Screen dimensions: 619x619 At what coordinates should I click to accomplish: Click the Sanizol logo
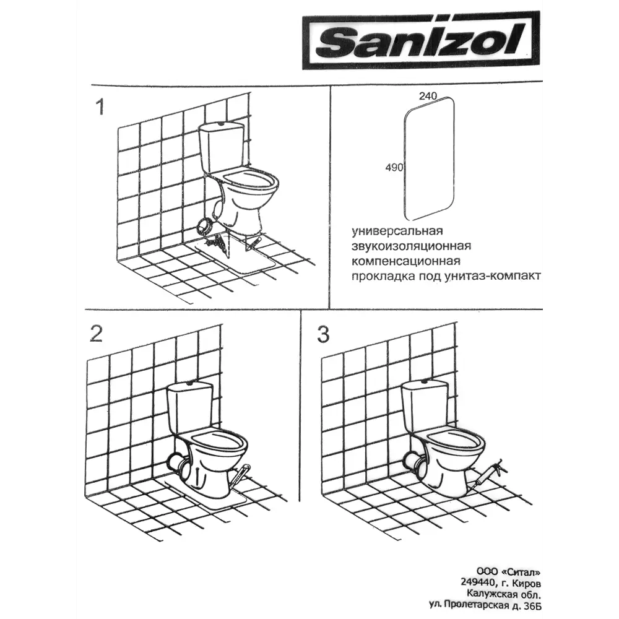[x=421, y=41]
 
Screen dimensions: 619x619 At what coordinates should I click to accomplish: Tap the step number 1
[x=101, y=107]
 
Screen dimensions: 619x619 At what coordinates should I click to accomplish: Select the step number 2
[x=97, y=334]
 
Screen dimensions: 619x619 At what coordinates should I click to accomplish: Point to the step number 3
[x=323, y=334]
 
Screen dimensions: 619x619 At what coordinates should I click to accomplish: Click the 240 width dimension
[x=428, y=96]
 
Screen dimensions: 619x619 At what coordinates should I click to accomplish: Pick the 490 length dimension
[x=394, y=168]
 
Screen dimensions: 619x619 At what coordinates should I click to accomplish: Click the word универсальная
[x=397, y=231]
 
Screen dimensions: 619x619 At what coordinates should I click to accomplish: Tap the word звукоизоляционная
[x=412, y=246]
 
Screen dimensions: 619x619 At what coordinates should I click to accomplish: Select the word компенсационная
[x=406, y=261]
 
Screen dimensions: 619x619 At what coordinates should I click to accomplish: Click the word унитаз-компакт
[x=493, y=276]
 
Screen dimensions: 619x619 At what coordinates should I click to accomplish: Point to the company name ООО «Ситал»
[x=508, y=571]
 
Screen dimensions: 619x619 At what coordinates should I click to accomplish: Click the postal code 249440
[x=477, y=582]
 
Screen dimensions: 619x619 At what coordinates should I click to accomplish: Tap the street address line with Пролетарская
[x=485, y=604]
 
